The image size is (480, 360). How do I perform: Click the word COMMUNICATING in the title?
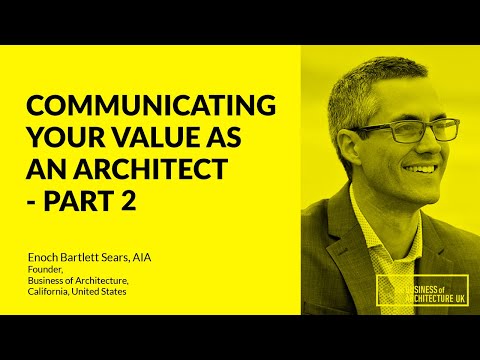pyautogui.click(x=150, y=104)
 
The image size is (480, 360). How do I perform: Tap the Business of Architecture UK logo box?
pyautogui.click(x=421, y=289)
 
